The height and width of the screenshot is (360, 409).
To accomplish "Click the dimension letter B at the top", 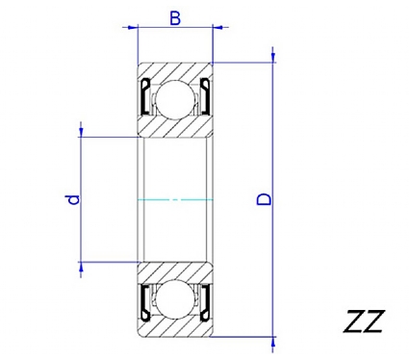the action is [175, 18].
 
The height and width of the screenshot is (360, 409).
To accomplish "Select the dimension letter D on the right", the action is [264, 199].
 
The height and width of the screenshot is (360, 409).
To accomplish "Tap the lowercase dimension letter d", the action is [73, 199].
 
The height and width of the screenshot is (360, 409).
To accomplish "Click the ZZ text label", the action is [364, 321].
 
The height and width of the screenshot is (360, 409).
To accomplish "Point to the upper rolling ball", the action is [174, 99].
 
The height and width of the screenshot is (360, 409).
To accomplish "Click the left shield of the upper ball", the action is [144, 96].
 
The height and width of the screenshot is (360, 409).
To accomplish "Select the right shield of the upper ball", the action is [205, 96].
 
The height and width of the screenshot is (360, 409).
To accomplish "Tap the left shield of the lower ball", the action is [144, 302].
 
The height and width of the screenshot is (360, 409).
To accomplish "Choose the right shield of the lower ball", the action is [205, 302].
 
